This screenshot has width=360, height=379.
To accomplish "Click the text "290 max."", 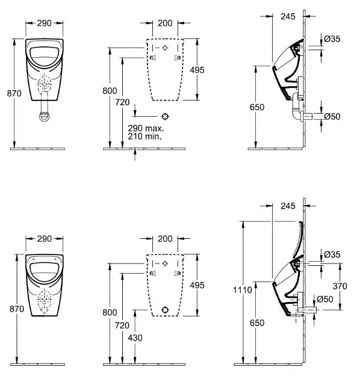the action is (146, 128).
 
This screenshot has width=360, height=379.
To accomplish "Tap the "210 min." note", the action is (144, 137).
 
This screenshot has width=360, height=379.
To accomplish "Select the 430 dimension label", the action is (135, 337).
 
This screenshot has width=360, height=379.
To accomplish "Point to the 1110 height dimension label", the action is (243, 290).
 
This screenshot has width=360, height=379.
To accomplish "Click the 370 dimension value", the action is (340, 286).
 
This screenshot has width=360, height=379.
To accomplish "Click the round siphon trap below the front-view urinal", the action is (45, 116).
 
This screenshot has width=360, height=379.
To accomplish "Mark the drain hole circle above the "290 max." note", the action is (165, 117).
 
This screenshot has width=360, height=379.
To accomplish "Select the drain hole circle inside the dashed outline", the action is (165, 310).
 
